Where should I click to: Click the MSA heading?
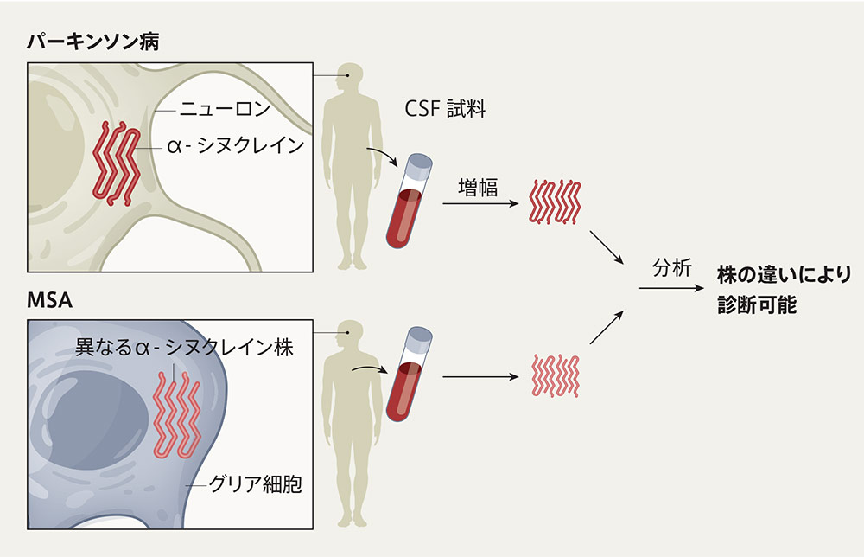(49, 302)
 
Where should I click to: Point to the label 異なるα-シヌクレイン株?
(184, 348)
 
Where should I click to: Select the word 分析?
(671, 269)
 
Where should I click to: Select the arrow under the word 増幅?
(478, 205)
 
